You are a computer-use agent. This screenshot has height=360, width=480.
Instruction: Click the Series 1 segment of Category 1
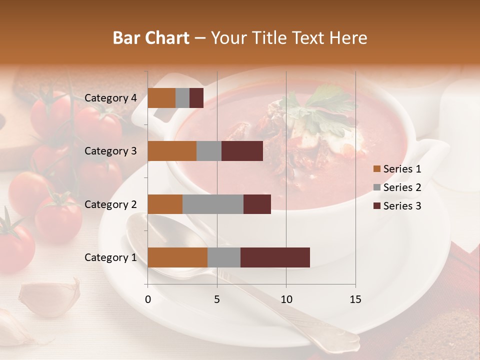coord(177,257)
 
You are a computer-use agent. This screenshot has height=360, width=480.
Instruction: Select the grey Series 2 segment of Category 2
coord(213,204)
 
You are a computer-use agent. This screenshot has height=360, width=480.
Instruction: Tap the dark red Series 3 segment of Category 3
coord(242,151)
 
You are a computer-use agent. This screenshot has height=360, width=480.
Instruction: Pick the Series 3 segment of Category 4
coord(196,98)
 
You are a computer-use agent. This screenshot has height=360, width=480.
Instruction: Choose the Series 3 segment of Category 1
coord(275,257)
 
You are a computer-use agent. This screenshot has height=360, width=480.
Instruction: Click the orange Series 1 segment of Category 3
coord(172,151)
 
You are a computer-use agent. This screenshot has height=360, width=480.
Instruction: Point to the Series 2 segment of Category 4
coord(182,98)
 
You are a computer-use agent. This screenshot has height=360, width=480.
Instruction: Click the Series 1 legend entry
coord(397,169)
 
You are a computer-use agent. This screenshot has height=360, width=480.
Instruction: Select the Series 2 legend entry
coord(397,187)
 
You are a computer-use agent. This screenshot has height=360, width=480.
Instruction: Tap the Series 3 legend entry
coord(397,206)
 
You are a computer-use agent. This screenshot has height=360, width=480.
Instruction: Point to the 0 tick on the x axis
coord(148,299)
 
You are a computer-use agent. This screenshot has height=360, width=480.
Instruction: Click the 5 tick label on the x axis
coord(217,299)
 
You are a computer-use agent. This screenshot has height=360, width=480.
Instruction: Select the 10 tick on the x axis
coord(286,299)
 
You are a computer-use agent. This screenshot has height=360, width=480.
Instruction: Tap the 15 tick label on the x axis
coord(355,299)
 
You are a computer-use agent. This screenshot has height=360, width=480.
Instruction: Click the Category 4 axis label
coord(110,98)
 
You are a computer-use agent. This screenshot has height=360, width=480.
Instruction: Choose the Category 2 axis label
coord(110,204)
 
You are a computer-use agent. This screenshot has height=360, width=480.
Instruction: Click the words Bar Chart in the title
coord(151,37)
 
